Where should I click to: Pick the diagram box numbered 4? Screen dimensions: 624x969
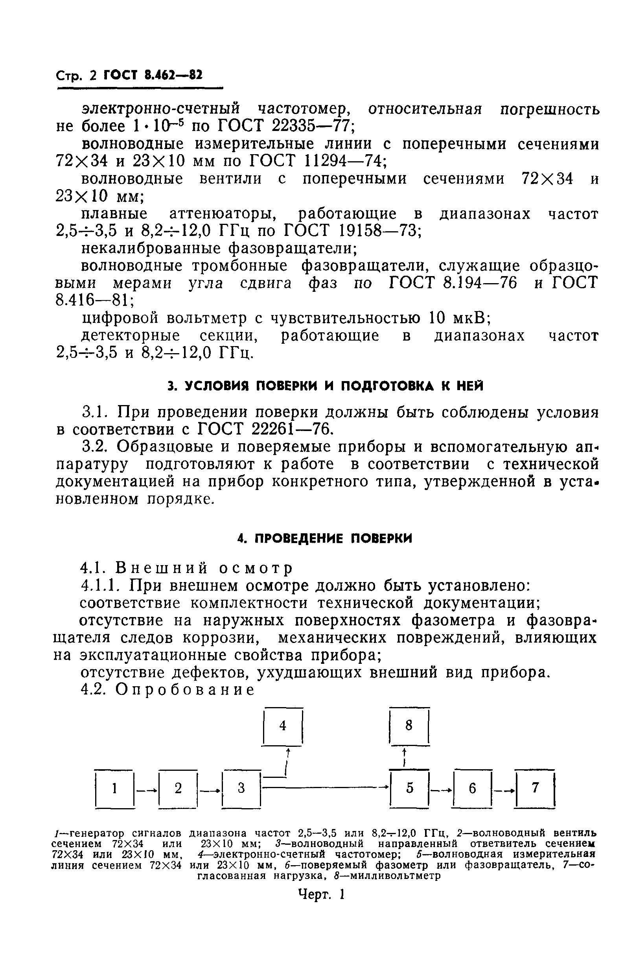(283, 726)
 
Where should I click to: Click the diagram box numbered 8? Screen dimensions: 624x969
(409, 726)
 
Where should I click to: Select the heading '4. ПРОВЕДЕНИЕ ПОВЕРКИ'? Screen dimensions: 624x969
(324, 539)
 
